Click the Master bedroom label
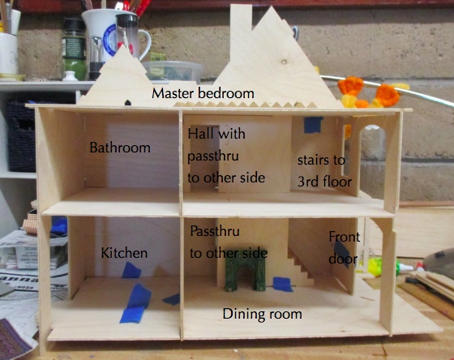[x=203, y=93]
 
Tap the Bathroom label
[x=120, y=148]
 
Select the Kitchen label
[x=124, y=253]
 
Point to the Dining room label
[x=262, y=315]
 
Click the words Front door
[x=344, y=248]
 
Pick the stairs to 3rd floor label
[x=324, y=171]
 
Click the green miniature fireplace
[x=246, y=272]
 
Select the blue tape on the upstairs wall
[x=313, y=125]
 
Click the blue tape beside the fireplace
[x=283, y=284]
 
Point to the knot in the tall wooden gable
[x=285, y=62]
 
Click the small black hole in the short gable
[x=128, y=102]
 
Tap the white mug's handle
[x=145, y=44]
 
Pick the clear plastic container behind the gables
[x=173, y=71]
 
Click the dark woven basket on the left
[x=22, y=136]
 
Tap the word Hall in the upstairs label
[x=199, y=134]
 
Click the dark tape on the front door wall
[x=343, y=252]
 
